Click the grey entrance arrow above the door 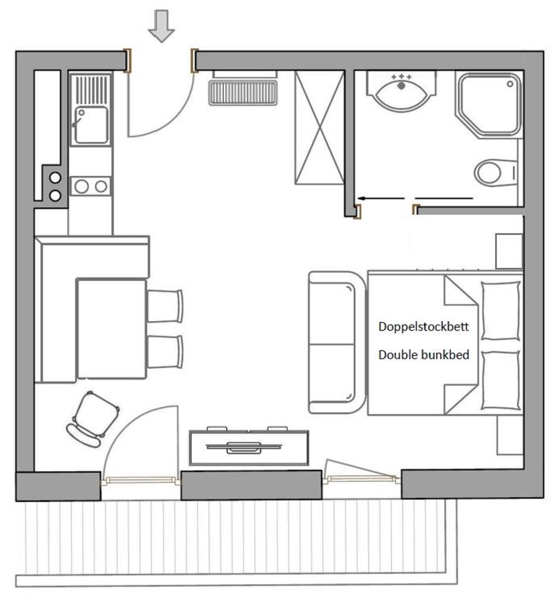click(161, 26)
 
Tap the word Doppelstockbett click(423, 327)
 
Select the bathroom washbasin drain click(401, 86)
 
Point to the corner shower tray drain click(510, 84)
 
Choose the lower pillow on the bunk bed click(501, 380)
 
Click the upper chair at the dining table click(165, 305)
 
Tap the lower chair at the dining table click(165, 352)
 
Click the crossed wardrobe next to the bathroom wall click(319, 127)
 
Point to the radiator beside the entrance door click(243, 93)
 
